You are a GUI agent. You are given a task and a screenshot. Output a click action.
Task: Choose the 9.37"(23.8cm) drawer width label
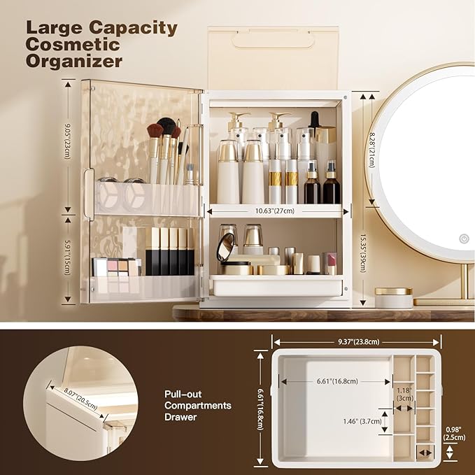[x=356, y=342]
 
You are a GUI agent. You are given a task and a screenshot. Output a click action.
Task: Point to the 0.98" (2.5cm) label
[x=455, y=434]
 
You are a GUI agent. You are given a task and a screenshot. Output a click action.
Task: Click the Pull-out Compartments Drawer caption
[x=197, y=405]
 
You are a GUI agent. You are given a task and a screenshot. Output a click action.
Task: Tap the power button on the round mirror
[x=463, y=239]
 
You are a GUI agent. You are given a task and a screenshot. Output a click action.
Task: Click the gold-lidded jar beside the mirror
[x=392, y=297]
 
